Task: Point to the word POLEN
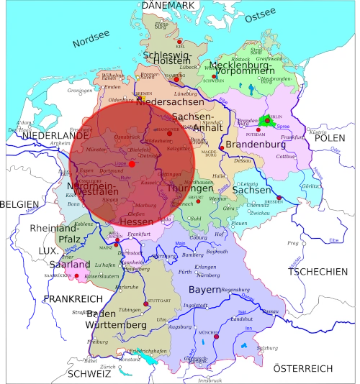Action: tap(330, 137)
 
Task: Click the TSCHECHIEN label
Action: tap(317, 272)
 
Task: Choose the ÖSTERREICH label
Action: tap(303, 369)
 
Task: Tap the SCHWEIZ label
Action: tap(89, 374)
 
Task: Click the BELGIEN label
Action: tap(19, 204)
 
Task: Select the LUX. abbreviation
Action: tap(48, 251)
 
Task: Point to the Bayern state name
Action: tap(204, 290)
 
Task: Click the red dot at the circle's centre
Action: tap(132, 164)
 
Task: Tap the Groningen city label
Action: tap(81, 91)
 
